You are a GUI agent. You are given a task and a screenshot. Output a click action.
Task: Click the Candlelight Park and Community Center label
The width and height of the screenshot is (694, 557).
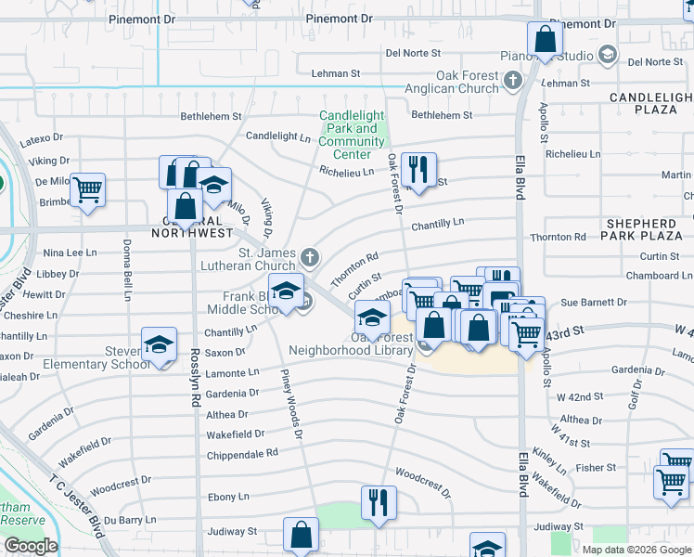point(352,129)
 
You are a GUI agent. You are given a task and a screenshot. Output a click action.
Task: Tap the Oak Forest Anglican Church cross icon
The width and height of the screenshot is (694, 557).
point(511,82)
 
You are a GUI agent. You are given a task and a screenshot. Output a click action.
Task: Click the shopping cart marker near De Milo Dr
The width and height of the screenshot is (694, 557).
point(87,190)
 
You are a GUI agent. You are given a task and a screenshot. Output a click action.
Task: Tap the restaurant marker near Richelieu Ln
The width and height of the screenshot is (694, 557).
point(419,170)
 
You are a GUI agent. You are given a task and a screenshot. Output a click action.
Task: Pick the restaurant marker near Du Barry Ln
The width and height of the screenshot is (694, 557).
point(378,503)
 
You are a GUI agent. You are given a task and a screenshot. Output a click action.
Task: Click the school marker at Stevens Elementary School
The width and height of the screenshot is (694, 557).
point(160,344)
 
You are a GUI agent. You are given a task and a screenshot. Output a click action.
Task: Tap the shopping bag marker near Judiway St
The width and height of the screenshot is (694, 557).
point(301,535)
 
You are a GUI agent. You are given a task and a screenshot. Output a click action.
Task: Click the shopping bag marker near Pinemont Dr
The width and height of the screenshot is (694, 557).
point(545,39)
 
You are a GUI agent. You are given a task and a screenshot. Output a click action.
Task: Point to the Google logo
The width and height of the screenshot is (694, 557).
point(31,546)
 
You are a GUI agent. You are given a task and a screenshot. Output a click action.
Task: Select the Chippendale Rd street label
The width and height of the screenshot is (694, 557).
point(241,453)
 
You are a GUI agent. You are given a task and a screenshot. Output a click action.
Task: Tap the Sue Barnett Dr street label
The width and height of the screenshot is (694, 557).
point(594,303)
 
